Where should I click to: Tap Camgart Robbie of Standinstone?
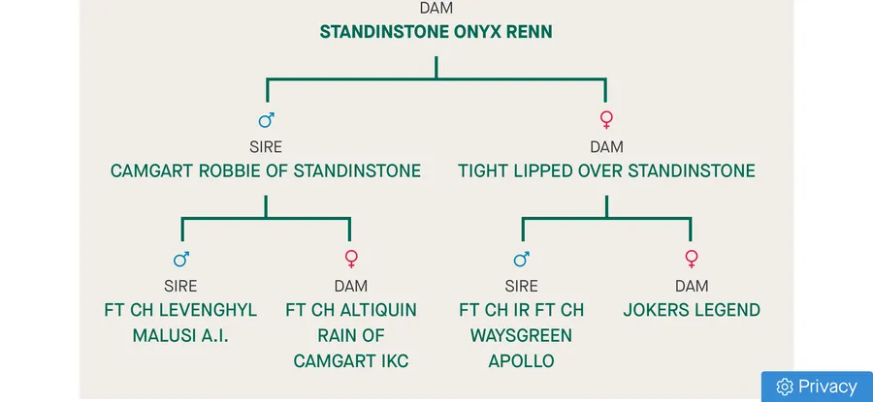click(x=266, y=171)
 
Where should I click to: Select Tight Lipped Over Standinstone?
click(x=606, y=171)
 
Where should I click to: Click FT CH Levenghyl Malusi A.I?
click(x=180, y=323)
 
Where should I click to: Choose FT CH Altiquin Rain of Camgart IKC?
click(x=351, y=335)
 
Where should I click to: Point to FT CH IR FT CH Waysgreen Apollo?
click(x=521, y=335)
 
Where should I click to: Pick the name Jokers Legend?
click(x=691, y=311)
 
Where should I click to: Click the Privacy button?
click(x=817, y=387)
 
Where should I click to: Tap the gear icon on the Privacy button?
click(x=785, y=387)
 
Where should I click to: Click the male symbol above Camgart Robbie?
click(x=266, y=120)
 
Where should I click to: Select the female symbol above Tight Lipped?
click(x=606, y=120)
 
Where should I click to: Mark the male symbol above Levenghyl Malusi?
click(x=180, y=260)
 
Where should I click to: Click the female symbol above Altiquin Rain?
click(x=351, y=260)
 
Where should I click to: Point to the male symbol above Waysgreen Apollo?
click(x=521, y=260)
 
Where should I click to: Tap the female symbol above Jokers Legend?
click(x=691, y=260)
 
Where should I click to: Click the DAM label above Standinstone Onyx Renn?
click(x=436, y=8)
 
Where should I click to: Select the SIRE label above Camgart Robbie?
click(x=266, y=147)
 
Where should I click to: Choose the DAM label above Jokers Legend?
click(x=691, y=286)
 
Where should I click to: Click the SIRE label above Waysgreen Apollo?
click(x=521, y=286)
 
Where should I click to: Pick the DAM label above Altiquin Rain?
click(x=351, y=286)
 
